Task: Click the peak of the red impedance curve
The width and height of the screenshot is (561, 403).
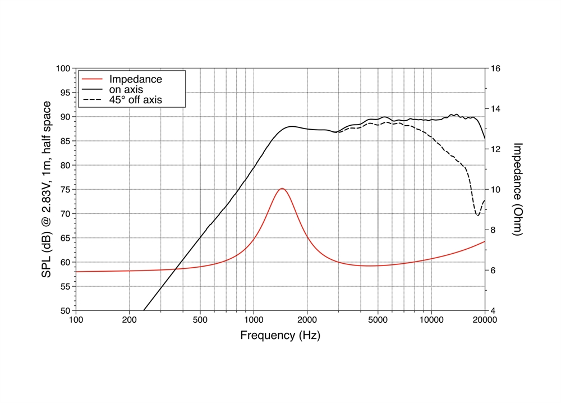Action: (282, 189)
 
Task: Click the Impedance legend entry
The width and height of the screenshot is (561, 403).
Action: (136, 79)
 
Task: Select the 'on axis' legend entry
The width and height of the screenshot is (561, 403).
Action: (126, 90)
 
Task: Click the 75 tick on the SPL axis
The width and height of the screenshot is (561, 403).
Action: (65, 190)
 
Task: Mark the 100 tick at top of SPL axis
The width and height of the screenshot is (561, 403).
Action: (62, 68)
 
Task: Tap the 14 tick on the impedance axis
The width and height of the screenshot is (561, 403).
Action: (496, 109)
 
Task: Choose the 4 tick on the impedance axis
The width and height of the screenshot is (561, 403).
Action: (494, 311)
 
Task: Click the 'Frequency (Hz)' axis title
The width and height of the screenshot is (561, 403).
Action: (280, 336)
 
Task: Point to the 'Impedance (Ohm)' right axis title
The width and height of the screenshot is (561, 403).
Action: (517, 189)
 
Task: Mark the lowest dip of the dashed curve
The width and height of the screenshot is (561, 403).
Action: (477, 215)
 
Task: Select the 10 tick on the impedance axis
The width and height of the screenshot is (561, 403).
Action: (496, 190)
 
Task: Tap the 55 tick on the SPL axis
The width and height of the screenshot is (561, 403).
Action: (65, 287)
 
